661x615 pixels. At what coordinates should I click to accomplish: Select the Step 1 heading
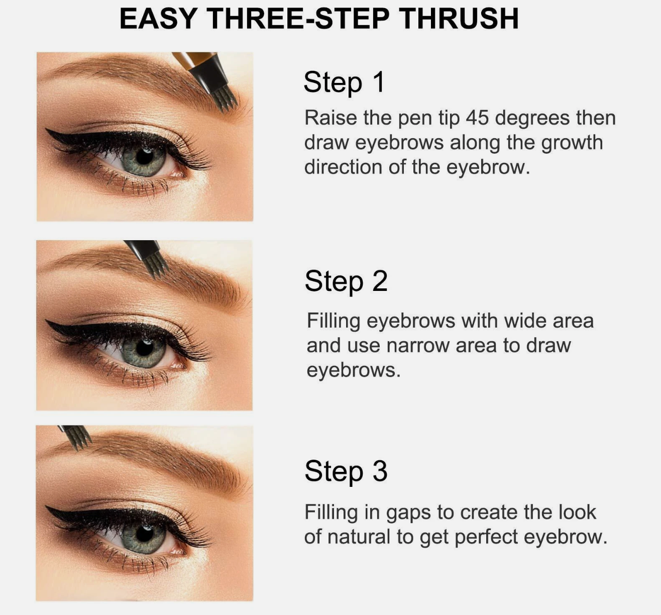344,82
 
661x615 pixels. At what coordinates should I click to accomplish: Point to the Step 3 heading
346,471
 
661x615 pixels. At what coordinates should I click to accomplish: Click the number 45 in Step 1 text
477,118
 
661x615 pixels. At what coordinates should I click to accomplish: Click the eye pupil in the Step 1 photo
145,156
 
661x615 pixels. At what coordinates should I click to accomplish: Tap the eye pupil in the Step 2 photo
145,347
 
